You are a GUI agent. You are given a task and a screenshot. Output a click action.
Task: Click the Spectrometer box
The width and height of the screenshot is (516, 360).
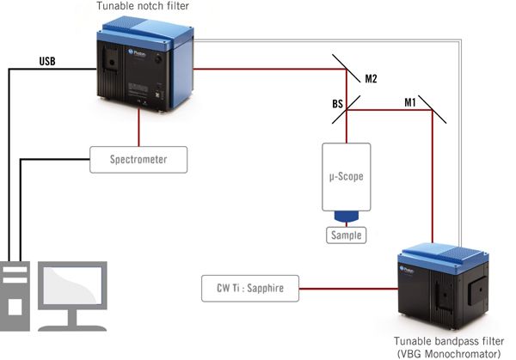pos(138,160)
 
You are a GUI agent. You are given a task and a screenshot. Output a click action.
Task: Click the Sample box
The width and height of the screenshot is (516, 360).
pos(344,235)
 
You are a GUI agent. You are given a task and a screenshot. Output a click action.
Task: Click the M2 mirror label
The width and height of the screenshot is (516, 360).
pos(371,79)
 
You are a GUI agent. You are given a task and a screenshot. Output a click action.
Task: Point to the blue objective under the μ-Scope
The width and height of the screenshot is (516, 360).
pos(344,217)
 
